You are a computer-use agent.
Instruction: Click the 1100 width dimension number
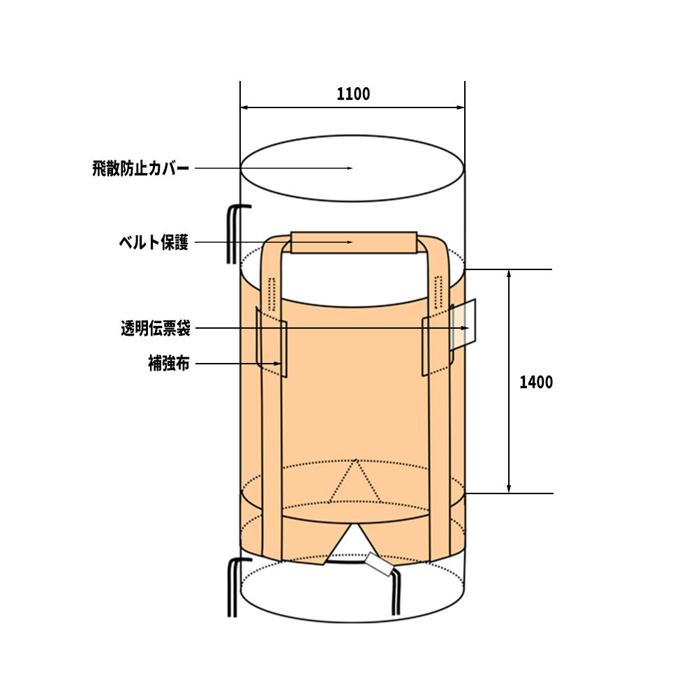click(x=353, y=94)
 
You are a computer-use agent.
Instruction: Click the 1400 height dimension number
click(x=536, y=382)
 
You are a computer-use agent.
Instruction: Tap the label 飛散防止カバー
click(x=141, y=169)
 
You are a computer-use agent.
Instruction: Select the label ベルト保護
click(x=154, y=243)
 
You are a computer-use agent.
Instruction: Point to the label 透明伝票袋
click(x=156, y=329)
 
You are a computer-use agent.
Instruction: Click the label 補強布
click(x=169, y=364)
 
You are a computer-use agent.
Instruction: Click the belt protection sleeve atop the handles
click(x=354, y=243)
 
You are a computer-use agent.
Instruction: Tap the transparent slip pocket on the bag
click(x=463, y=325)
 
